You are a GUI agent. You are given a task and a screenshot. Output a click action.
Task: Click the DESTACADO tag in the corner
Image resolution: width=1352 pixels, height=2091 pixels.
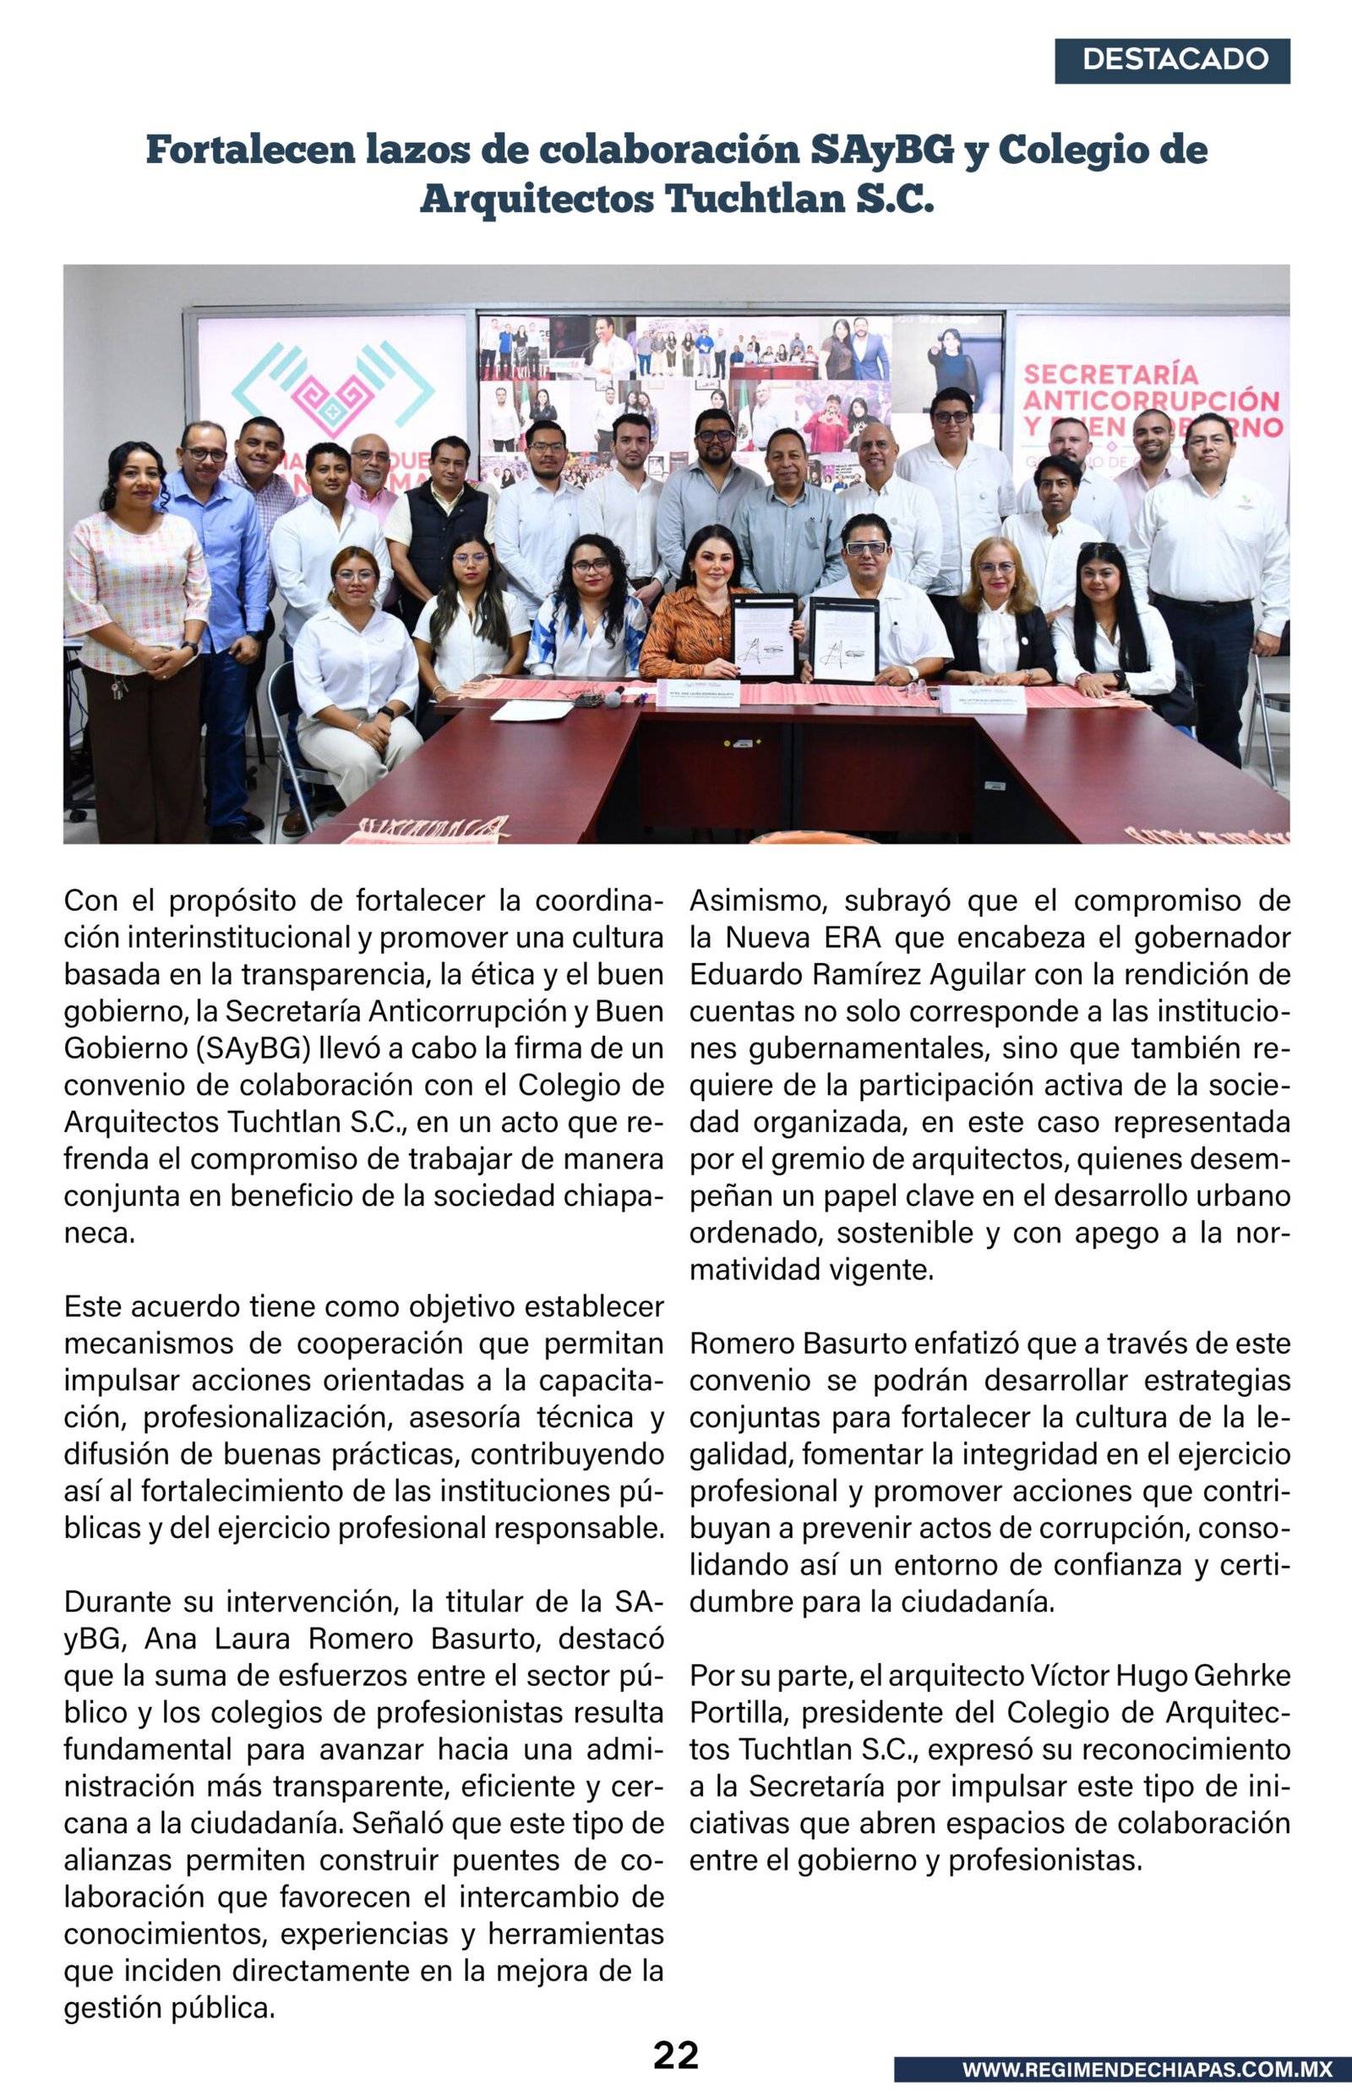[1172, 60]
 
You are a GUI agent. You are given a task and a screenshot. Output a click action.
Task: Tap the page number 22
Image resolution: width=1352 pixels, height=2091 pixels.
[675, 2054]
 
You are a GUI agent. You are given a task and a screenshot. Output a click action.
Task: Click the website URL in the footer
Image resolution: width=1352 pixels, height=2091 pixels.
[1147, 2068]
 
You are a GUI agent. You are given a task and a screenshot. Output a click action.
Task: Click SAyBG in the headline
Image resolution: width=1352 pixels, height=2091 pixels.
[880, 151]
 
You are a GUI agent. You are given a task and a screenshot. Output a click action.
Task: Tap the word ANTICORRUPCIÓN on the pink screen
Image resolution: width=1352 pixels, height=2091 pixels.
[1150, 402]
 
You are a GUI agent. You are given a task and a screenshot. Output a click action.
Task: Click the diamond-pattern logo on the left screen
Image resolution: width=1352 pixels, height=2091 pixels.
[334, 390]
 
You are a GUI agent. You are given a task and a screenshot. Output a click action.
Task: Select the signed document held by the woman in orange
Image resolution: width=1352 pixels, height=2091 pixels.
[764, 636]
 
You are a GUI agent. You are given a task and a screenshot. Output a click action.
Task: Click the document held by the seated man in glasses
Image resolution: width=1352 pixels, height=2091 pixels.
[842, 639]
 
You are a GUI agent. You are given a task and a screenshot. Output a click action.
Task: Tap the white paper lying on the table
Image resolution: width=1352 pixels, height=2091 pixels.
[532, 709]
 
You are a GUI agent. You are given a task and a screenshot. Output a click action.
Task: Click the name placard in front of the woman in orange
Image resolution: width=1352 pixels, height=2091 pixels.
[698, 692]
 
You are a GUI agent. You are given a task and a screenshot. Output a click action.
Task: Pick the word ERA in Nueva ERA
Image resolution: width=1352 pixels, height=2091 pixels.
[852, 938]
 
